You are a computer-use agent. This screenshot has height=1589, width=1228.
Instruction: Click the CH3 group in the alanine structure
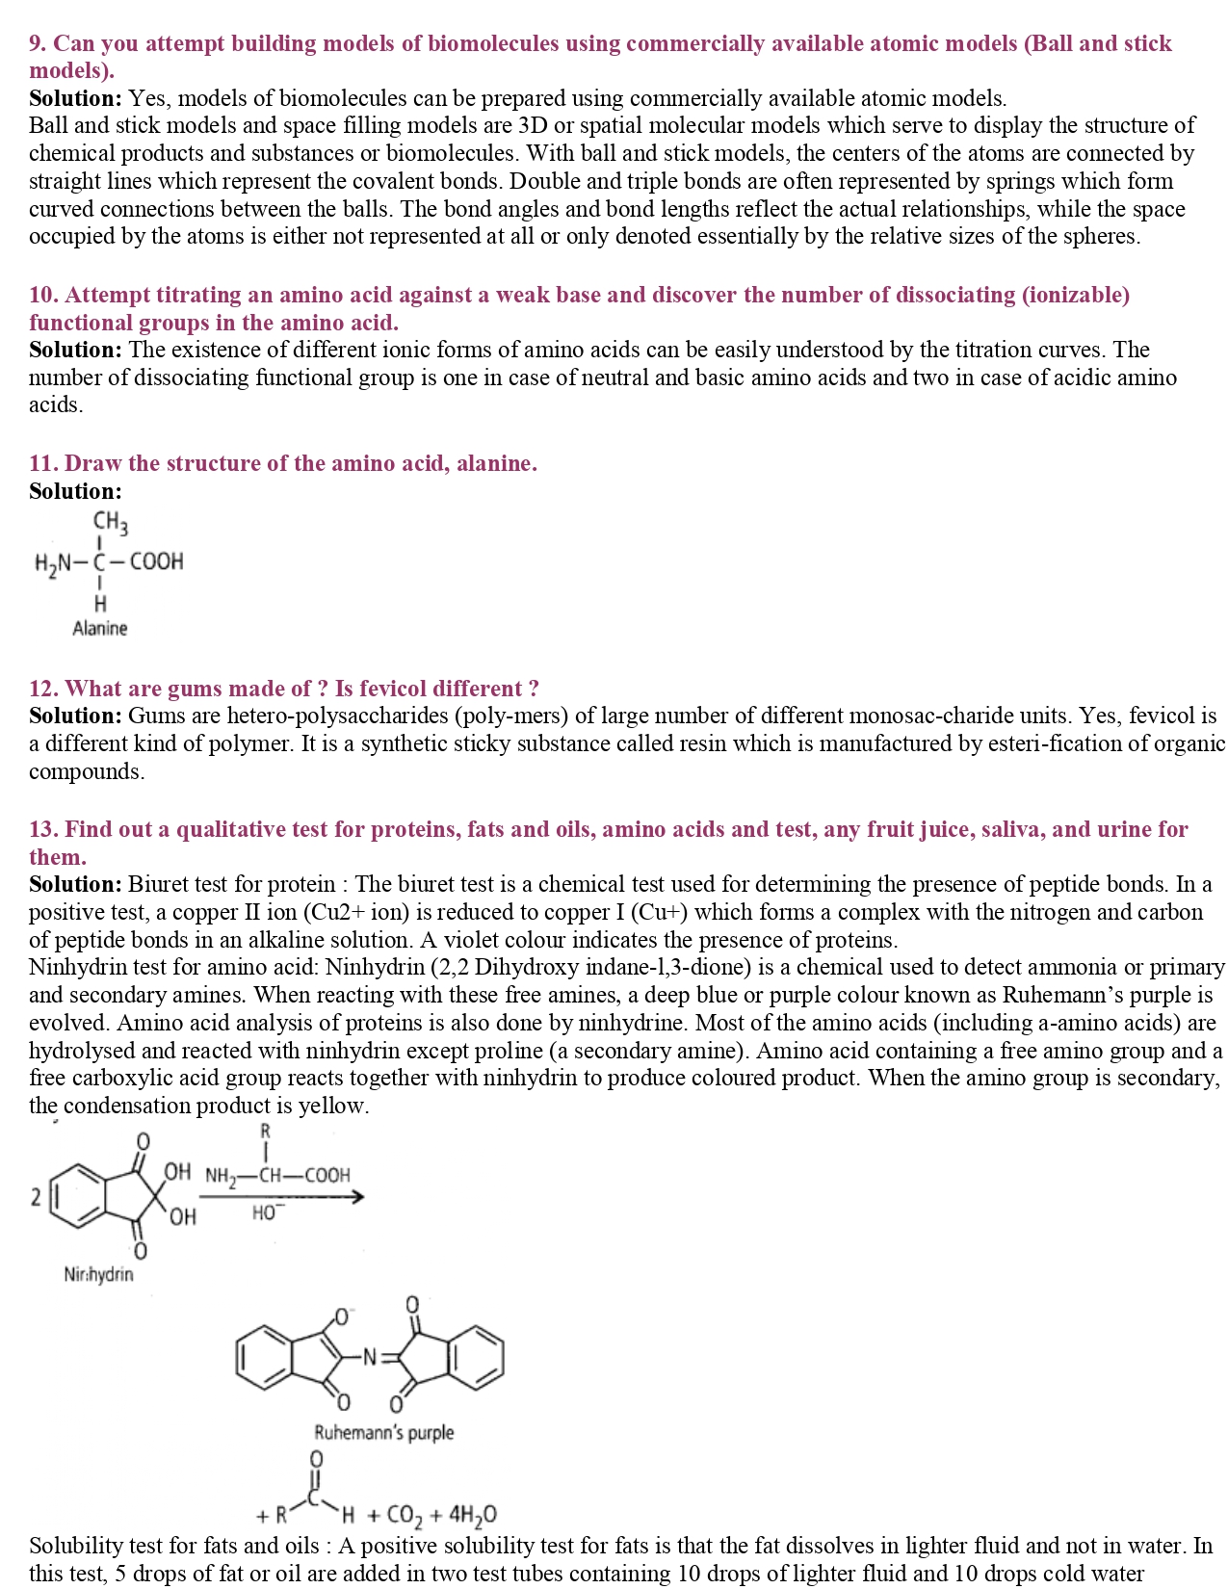point(110,522)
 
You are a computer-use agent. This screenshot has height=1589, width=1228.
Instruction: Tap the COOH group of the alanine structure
point(156,561)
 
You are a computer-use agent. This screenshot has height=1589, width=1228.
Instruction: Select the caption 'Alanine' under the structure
point(99,629)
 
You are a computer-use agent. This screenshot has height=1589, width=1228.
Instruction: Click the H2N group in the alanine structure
point(53,562)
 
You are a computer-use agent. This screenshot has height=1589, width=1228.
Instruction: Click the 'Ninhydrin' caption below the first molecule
point(98,1275)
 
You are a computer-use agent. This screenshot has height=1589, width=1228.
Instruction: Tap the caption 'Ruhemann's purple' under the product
point(383,1433)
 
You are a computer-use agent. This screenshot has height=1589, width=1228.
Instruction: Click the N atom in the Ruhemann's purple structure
point(369,1358)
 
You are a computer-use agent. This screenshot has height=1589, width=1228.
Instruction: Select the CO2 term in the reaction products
point(404,1516)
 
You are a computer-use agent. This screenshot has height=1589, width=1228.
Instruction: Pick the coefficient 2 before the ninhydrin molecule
point(36,1198)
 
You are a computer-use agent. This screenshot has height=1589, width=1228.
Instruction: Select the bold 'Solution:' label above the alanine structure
point(75,491)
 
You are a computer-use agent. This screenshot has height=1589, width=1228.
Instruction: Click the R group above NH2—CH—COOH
point(266,1132)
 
